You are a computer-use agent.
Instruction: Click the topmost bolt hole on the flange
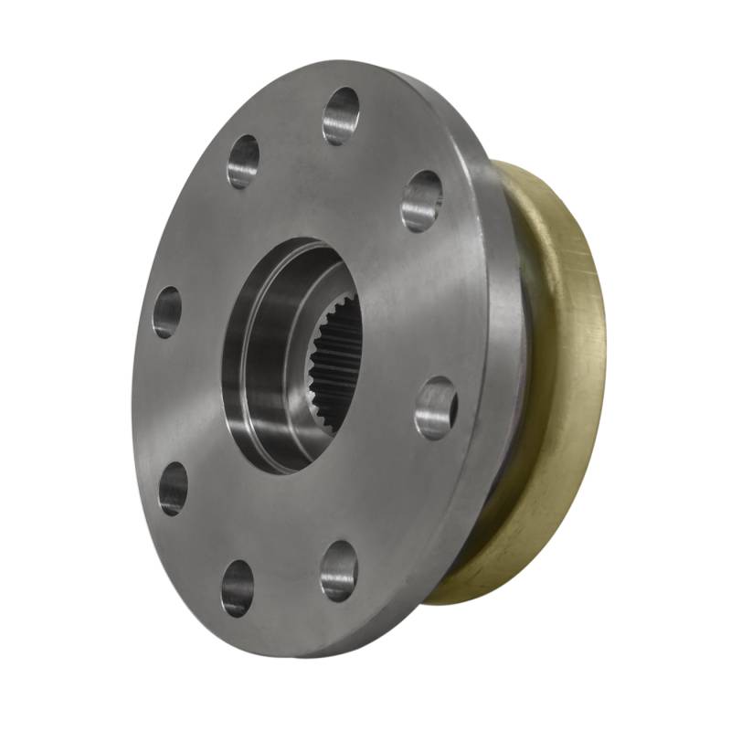(x=340, y=116)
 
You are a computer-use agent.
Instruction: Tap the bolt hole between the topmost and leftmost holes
(x=243, y=162)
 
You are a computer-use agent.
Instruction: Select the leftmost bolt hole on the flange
(x=167, y=312)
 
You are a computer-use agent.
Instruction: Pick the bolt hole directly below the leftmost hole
(x=173, y=488)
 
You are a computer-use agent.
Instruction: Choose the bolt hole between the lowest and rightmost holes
(x=338, y=570)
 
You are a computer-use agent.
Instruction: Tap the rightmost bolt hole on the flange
(x=436, y=408)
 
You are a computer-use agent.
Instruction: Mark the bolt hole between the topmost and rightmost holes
(x=421, y=200)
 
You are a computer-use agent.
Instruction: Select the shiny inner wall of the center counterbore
(x=251, y=365)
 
